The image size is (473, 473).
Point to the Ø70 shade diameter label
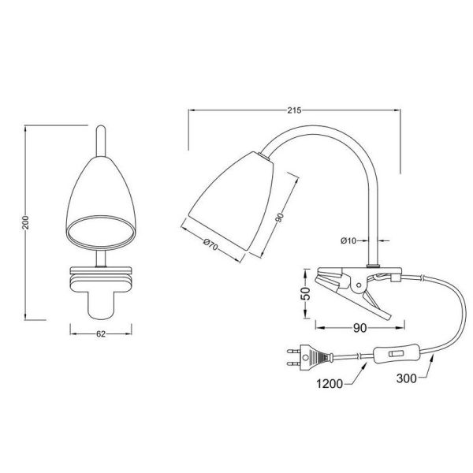208,245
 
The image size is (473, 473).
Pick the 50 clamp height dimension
304,294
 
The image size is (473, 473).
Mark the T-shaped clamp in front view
99,288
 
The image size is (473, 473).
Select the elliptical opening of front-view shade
99,231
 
